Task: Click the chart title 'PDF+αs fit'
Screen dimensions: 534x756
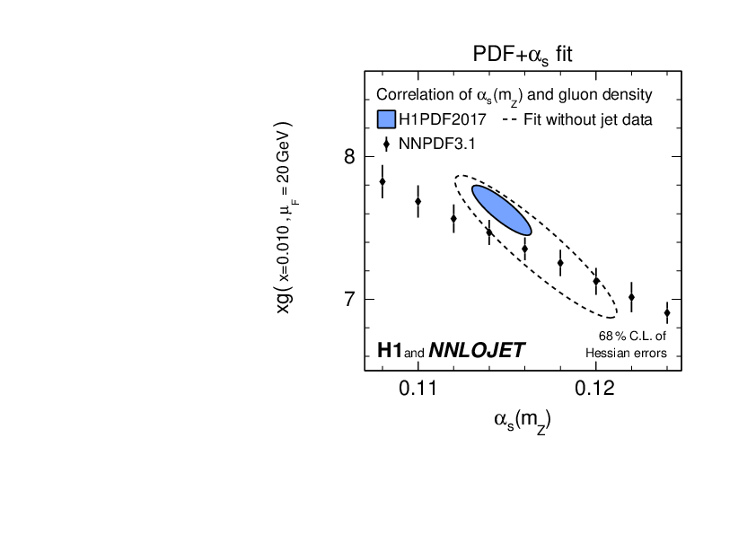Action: pos(523,55)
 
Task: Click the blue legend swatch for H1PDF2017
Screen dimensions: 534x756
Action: pos(387,119)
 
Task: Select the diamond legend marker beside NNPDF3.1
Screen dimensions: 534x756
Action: pos(386,144)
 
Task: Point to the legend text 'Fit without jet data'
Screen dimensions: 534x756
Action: pos(576,119)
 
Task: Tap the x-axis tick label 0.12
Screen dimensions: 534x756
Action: pos(594,388)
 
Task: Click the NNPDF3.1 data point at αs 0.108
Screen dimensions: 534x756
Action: pos(382,181)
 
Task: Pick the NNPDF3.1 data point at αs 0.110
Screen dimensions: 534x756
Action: pos(418,201)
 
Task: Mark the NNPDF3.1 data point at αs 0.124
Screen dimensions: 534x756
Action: pos(666,312)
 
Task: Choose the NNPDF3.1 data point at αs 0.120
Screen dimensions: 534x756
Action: pos(595,281)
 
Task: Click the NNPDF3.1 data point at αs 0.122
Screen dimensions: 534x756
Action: pos(631,297)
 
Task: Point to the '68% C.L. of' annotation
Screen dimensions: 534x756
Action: pos(633,337)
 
